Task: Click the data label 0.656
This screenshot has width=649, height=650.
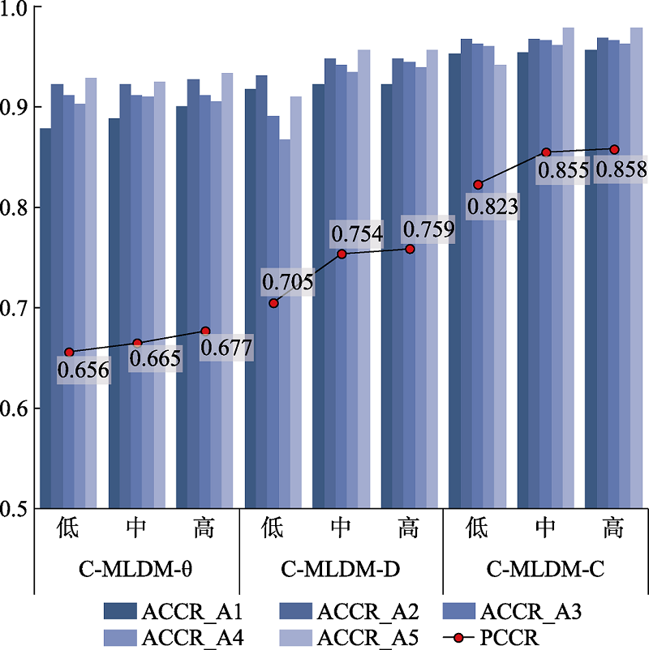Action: [x=83, y=370]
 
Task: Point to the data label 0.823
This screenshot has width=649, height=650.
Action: [x=492, y=206]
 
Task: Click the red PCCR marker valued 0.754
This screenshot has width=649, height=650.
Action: [x=342, y=254]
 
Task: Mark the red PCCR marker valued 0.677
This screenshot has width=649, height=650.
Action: [x=205, y=331]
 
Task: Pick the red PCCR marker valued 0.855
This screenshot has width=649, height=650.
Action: [x=546, y=152]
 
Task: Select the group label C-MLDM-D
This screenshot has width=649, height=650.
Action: [x=342, y=570]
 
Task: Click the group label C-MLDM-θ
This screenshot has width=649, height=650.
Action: [x=136, y=570]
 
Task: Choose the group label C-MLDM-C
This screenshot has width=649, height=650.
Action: [x=545, y=570]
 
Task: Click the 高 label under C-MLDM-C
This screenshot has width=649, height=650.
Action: [x=614, y=529]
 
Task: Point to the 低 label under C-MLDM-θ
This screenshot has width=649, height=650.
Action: [x=68, y=529]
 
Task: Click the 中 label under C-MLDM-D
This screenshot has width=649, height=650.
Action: [x=342, y=529]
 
